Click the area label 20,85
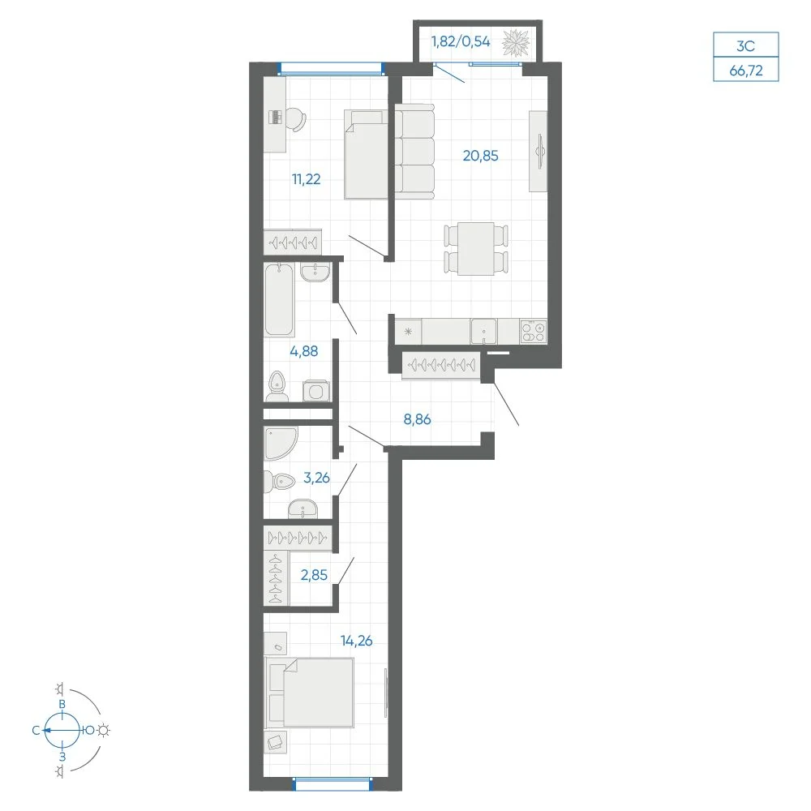(480, 156)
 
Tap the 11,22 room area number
(307, 179)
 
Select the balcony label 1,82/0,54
(461, 41)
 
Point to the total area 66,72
(746, 71)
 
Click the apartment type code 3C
(746, 46)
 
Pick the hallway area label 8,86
(417, 419)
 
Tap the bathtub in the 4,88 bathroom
(279, 300)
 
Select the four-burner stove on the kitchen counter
(534, 331)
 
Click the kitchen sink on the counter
(483, 331)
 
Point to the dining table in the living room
(476, 249)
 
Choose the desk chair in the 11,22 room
(295, 119)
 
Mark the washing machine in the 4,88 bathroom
(316, 391)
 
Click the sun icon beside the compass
(104, 731)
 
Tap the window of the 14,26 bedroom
(333, 784)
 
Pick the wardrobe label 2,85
(314, 575)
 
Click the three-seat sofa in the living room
(414, 151)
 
